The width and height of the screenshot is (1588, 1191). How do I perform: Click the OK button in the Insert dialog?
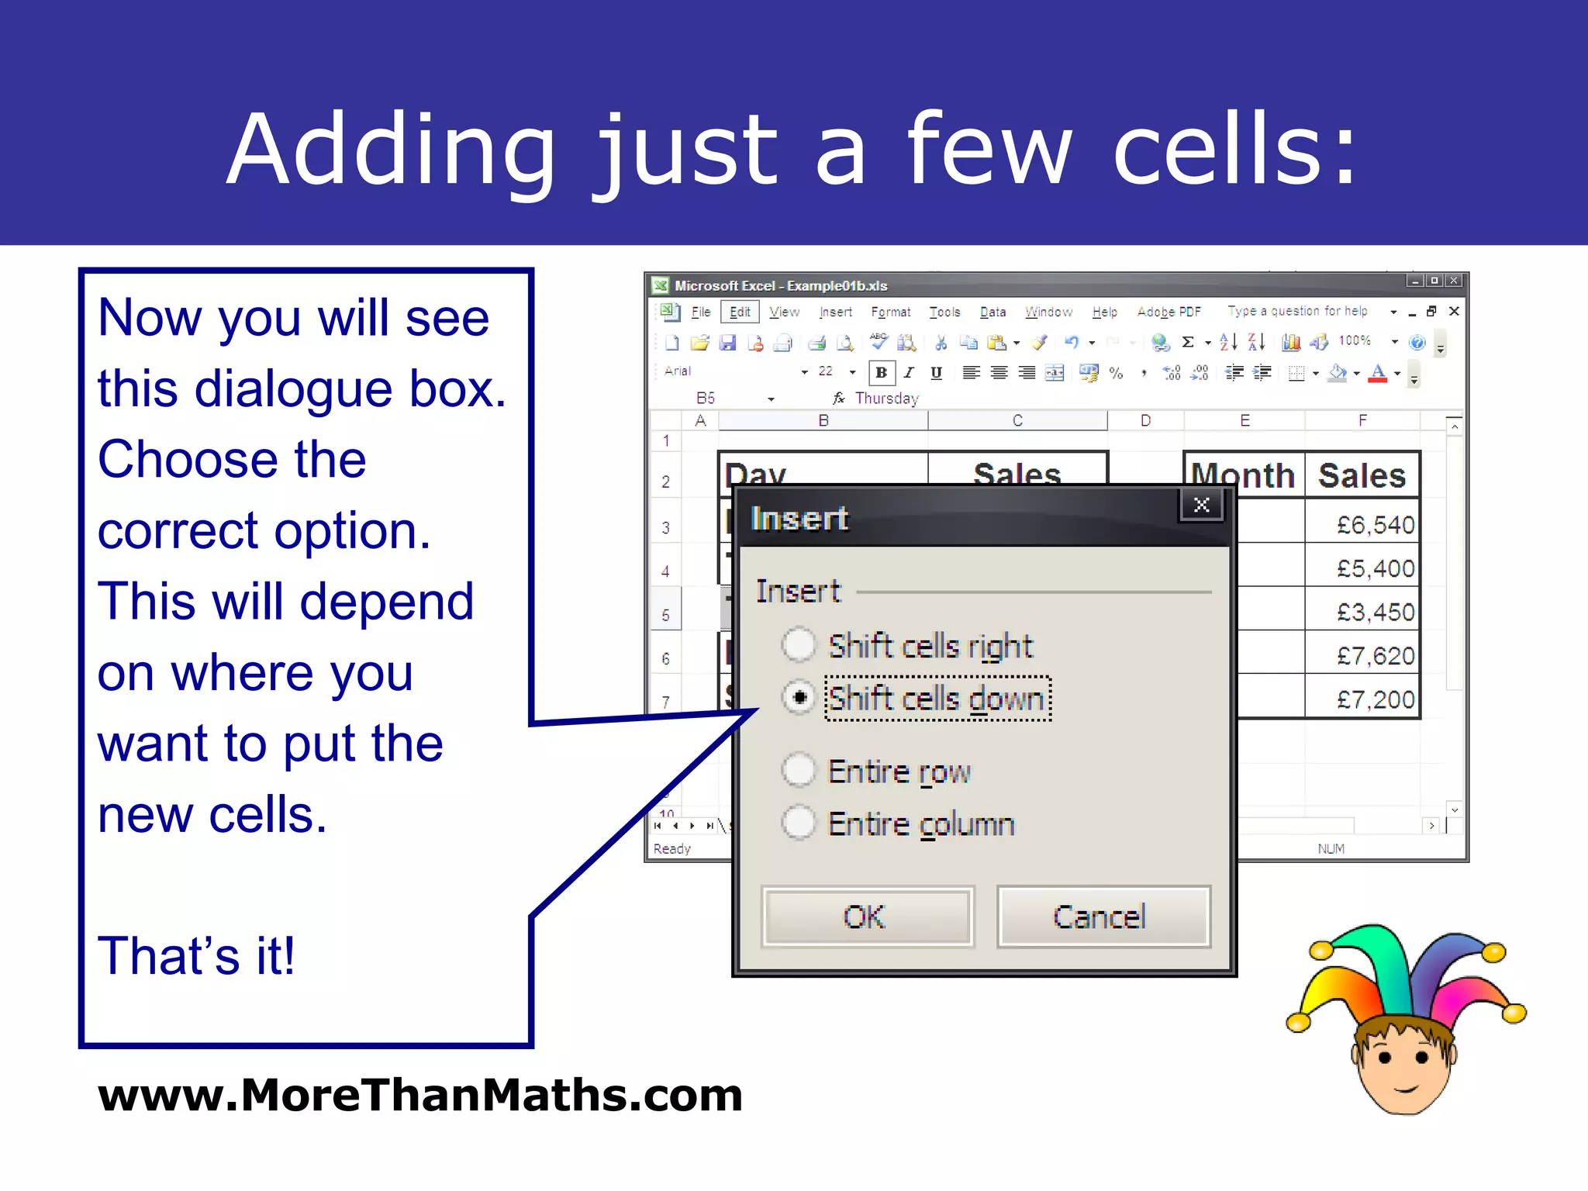pos(867,917)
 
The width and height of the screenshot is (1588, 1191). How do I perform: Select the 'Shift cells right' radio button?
pos(799,645)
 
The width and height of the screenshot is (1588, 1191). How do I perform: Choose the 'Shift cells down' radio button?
pos(799,697)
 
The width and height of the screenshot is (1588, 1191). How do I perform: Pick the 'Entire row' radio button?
pos(799,771)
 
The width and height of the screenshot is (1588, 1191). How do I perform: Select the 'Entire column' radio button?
pos(799,823)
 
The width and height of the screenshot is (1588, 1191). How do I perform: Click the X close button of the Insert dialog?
pos(1201,506)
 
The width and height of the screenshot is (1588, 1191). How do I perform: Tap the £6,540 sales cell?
pos(1362,525)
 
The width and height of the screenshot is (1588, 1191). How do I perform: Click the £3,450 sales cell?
pos(1362,612)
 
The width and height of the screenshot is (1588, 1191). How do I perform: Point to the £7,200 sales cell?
pos(1362,699)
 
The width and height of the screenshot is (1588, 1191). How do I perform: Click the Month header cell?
pos(1243,475)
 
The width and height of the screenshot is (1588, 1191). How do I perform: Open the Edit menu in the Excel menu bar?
pos(740,312)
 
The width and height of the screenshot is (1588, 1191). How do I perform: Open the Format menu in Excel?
pos(890,312)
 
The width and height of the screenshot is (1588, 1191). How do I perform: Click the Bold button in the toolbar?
pos(882,373)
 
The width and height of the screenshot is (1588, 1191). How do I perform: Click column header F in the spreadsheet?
pos(1362,420)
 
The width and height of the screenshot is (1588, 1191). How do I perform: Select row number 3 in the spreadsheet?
pos(665,528)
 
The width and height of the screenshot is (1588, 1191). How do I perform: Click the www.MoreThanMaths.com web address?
pos(420,1095)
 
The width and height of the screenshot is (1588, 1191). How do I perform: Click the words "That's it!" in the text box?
pos(196,955)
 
